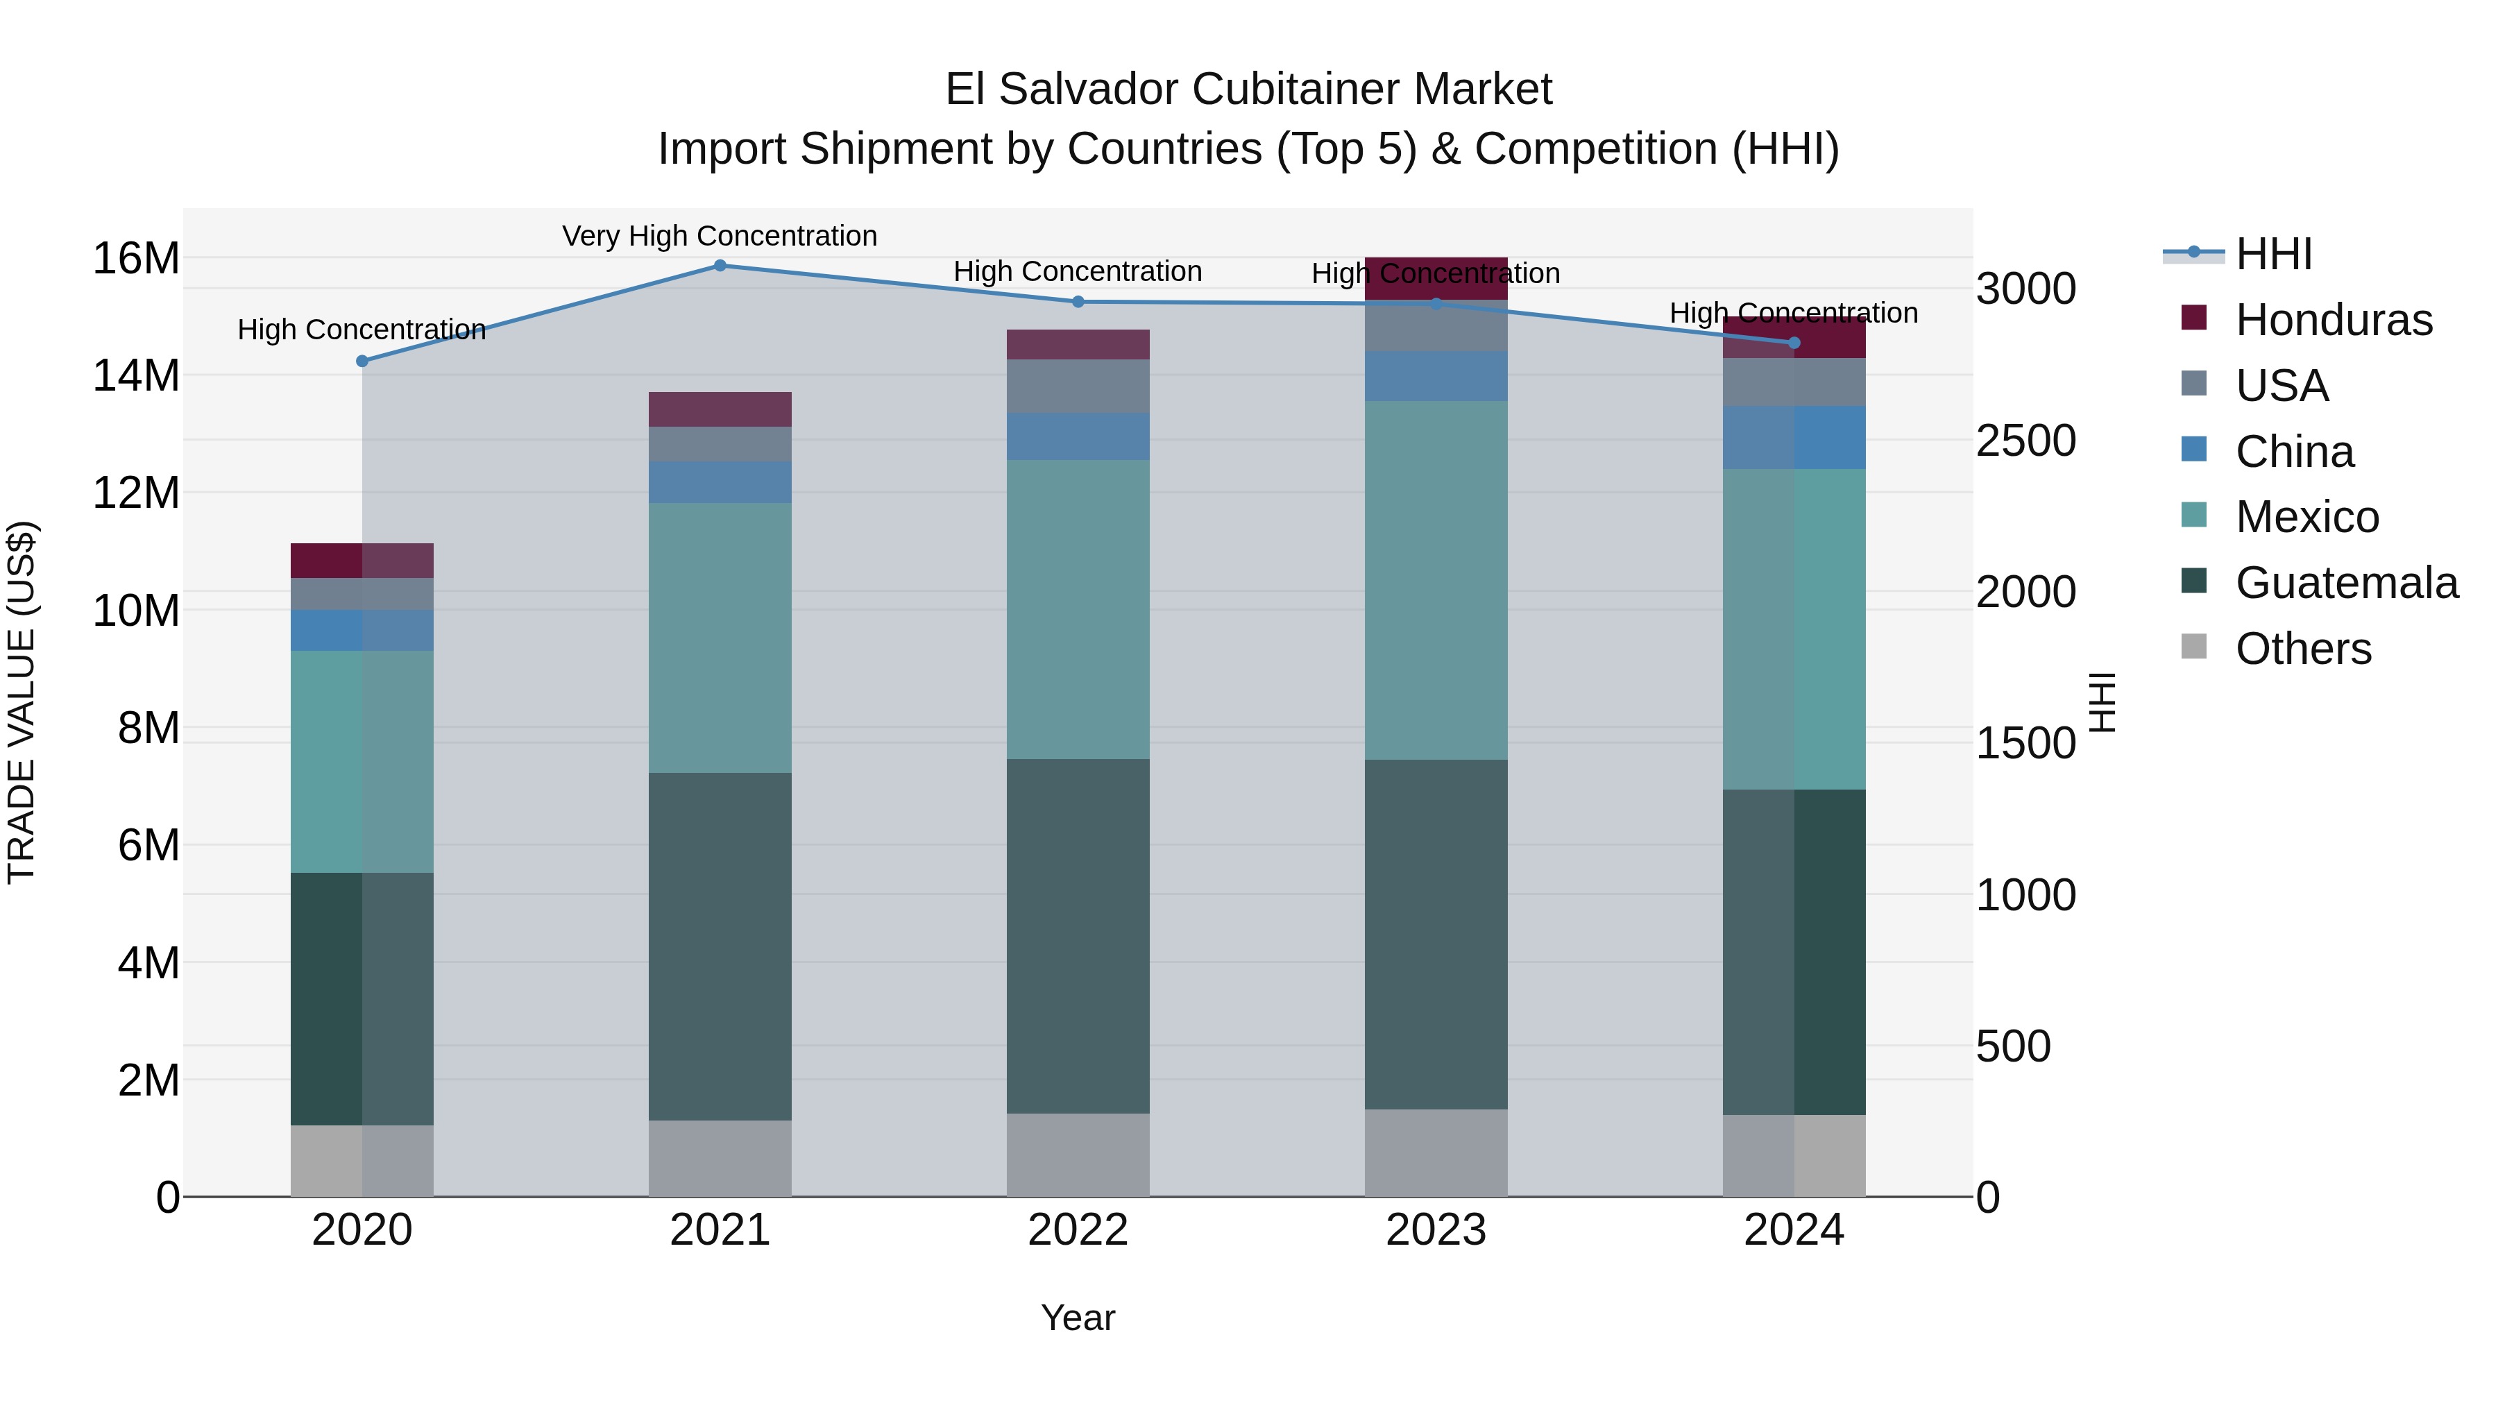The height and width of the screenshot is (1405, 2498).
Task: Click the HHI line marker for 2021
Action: [x=720, y=266]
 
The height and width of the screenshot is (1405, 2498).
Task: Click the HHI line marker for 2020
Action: [x=362, y=361]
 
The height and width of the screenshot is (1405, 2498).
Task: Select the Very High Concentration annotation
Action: [x=720, y=236]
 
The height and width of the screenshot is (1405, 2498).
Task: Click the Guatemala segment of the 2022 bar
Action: [x=1078, y=936]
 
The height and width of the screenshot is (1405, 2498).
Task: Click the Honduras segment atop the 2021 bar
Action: [x=720, y=409]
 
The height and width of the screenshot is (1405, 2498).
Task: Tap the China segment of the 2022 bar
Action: [x=1078, y=436]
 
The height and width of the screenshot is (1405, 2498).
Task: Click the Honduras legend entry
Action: [x=2332, y=320]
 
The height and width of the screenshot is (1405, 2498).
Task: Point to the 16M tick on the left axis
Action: [x=136, y=259]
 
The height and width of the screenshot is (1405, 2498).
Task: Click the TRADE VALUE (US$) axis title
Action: [x=22, y=702]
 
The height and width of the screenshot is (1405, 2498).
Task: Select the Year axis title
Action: [x=1078, y=1318]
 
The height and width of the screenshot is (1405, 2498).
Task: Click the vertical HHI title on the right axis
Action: [x=2100, y=702]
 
